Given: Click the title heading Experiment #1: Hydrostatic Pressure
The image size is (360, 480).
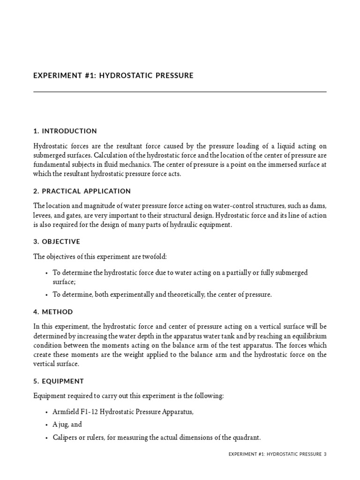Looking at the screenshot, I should (x=113, y=75).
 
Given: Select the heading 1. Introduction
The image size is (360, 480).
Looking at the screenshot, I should (x=65, y=131).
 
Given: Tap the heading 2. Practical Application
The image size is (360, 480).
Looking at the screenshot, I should (x=82, y=191).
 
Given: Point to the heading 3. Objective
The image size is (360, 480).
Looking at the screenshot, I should (x=57, y=242).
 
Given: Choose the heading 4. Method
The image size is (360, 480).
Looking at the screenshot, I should (x=53, y=312).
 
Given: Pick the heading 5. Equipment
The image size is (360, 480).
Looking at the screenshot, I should (x=60, y=382).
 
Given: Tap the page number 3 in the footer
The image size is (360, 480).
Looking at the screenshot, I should (x=324, y=454).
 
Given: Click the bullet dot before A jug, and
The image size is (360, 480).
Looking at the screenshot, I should (x=46, y=425).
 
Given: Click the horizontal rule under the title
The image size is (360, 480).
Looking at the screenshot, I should (x=180, y=92).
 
